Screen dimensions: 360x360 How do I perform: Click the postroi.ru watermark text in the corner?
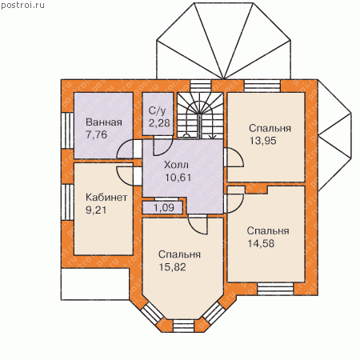pyautogui.click(x=22, y=5)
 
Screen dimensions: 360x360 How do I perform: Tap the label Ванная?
pyautogui.click(x=104, y=122)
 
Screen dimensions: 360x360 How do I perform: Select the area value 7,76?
pyautogui.click(x=96, y=134)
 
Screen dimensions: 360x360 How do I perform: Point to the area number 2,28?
pyautogui.click(x=159, y=123)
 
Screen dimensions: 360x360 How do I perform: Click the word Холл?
pyautogui.click(x=176, y=165)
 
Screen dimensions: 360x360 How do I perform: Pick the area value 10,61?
pyautogui.click(x=178, y=178)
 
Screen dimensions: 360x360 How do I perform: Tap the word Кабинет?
pyautogui.click(x=106, y=198)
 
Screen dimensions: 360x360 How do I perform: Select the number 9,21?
pyautogui.click(x=96, y=210)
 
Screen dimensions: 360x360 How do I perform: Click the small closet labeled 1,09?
pyautogui.click(x=162, y=208)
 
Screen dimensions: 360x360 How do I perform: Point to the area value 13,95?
pyautogui.click(x=263, y=141)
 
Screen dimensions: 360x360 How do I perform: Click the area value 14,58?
pyautogui.click(x=261, y=243)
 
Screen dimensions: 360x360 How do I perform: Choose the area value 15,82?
pyautogui.click(x=173, y=267)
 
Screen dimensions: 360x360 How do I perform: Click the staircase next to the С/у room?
pyautogui.click(x=200, y=116)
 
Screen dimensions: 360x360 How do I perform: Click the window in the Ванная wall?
pyautogui.click(x=67, y=130)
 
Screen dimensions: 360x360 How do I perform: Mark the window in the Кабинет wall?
pyautogui.click(x=67, y=202)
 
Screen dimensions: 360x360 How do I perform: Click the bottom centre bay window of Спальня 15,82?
pyautogui.click(x=184, y=326)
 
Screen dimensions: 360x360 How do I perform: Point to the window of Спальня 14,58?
pyautogui.click(x=275, y=289)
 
